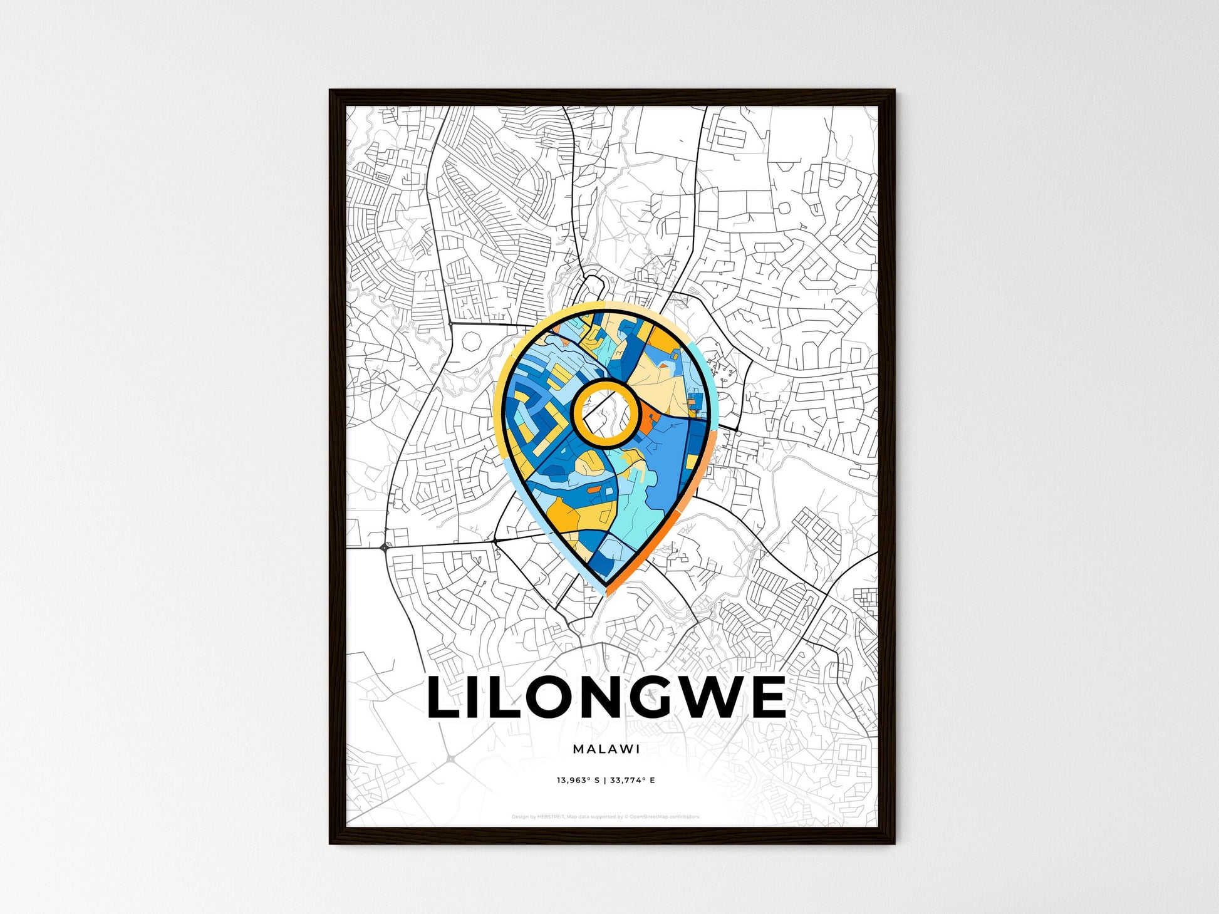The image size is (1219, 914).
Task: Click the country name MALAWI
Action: coord(606,749)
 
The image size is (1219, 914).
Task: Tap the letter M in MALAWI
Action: coord(578,749)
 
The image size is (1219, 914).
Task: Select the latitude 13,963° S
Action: coord(578,781)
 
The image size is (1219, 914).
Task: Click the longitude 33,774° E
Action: coord(632,781)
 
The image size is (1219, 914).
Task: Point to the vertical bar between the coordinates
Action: coord(604,781)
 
